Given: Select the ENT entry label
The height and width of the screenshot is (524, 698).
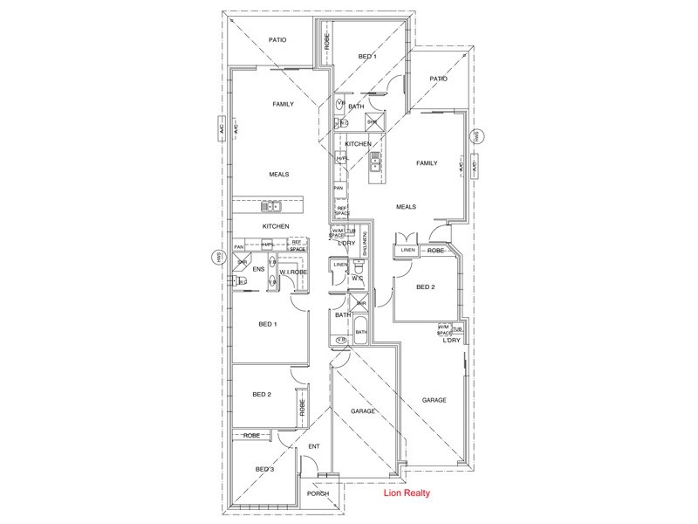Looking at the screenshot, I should click(314, 447).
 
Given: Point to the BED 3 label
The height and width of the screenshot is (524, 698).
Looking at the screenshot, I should click(265, 469).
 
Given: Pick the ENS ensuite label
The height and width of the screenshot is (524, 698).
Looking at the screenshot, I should click(258, 270).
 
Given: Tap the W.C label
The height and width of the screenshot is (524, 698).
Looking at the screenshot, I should click(357, 279).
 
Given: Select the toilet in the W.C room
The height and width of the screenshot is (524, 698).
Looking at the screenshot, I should click(359, 269).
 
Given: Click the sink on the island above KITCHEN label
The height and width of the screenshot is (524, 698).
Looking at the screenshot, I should click(272, 207).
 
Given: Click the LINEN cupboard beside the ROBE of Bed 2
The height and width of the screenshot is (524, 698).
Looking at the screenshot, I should click(407, 251).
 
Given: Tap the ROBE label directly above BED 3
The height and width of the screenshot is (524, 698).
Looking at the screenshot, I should click(251, 434).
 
